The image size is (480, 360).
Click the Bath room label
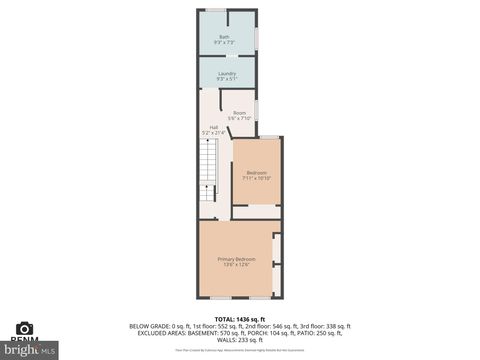(x=224, y=37)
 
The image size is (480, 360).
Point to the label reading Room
(x=239, y=112)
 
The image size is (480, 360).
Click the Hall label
(x=213, y=126)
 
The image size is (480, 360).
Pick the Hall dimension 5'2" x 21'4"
(x=213, y=132)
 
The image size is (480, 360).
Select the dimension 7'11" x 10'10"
(x=256, y=177)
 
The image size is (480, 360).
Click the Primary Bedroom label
(x=237, y=259)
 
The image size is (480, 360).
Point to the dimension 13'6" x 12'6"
(x=237, y=265)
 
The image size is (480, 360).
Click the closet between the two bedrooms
(x=256, y=212)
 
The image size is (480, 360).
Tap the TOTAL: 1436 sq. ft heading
(x=240, y=318)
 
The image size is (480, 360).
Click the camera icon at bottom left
(x=25, y=328)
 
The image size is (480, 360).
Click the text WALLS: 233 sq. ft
(x=240, y=340)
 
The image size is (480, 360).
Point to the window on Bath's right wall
(x=257, y=38)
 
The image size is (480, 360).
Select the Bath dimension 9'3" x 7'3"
(x=224, y=43)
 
